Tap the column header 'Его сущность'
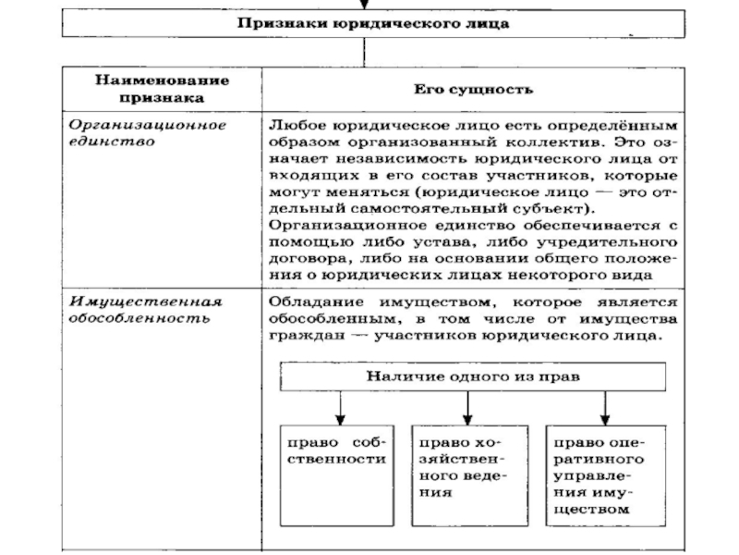[472, 90]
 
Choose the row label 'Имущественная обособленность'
[148, 309]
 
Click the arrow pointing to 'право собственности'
[340, 407]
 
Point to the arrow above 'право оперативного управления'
[605, 407]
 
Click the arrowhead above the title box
[372, 5]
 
